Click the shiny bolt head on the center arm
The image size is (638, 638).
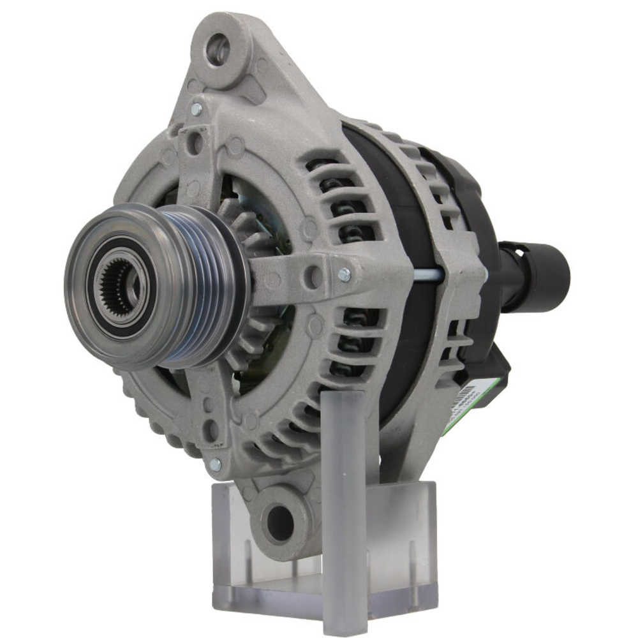[344, 274]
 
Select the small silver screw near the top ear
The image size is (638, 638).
[196, 109]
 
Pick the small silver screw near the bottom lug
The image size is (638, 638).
[216, 464]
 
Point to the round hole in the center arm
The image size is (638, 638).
[313, 276]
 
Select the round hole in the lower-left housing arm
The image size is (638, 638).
[210, 429]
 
